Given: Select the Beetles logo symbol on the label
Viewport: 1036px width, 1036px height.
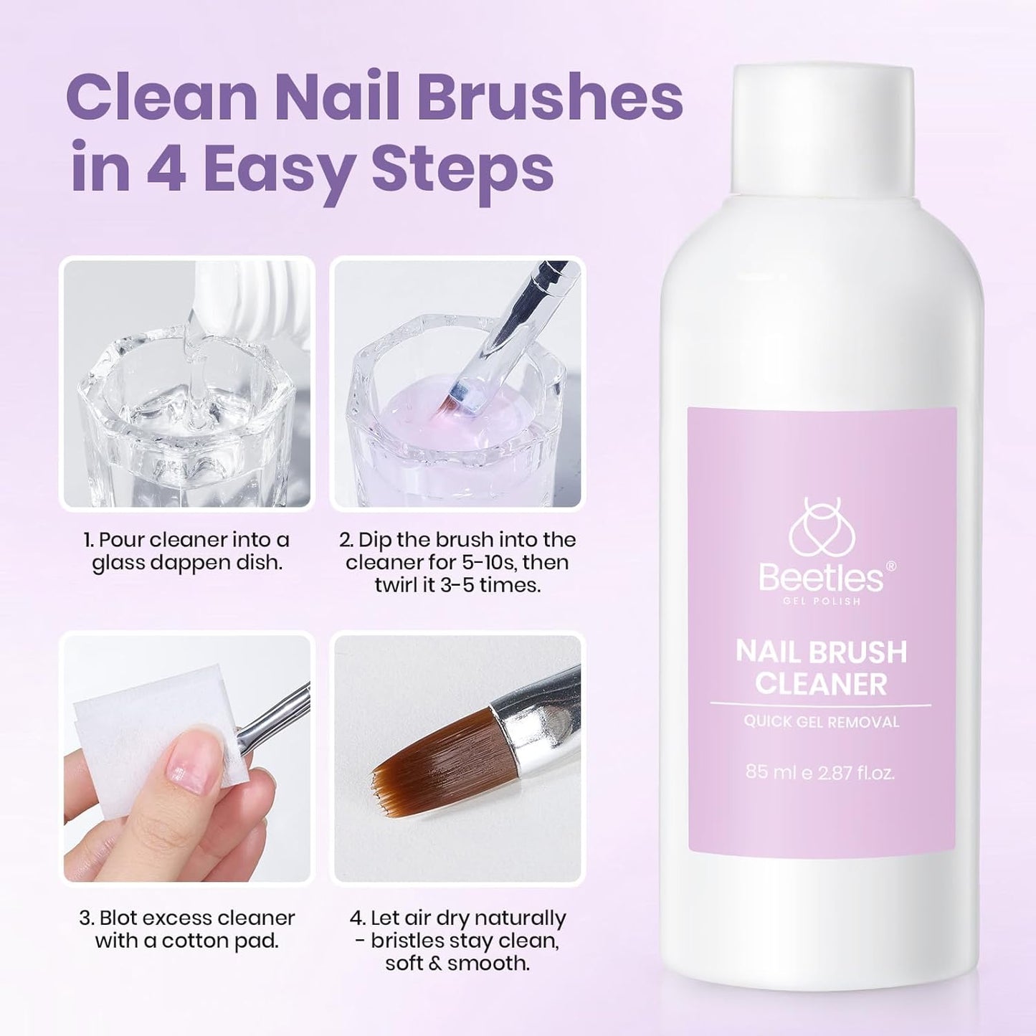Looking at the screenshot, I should point(821,534).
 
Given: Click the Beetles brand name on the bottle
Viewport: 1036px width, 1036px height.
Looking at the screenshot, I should point(821,578).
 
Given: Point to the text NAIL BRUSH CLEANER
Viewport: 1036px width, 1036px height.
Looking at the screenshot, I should point(821,667).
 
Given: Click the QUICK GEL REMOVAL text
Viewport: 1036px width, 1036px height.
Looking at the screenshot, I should point(821,722).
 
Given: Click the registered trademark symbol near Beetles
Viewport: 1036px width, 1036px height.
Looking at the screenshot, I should point(890,566).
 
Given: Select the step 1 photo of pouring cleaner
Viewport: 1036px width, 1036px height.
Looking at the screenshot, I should point(187,384).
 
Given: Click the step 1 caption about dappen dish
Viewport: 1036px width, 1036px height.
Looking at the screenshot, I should point(187,551).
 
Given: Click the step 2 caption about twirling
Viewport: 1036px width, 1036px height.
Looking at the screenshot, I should point(457,562).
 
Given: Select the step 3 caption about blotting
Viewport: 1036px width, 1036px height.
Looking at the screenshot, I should point(187,928).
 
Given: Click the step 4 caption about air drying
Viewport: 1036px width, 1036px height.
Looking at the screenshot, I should point(457,940).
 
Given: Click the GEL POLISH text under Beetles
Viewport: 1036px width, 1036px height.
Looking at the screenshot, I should point(821,601).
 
